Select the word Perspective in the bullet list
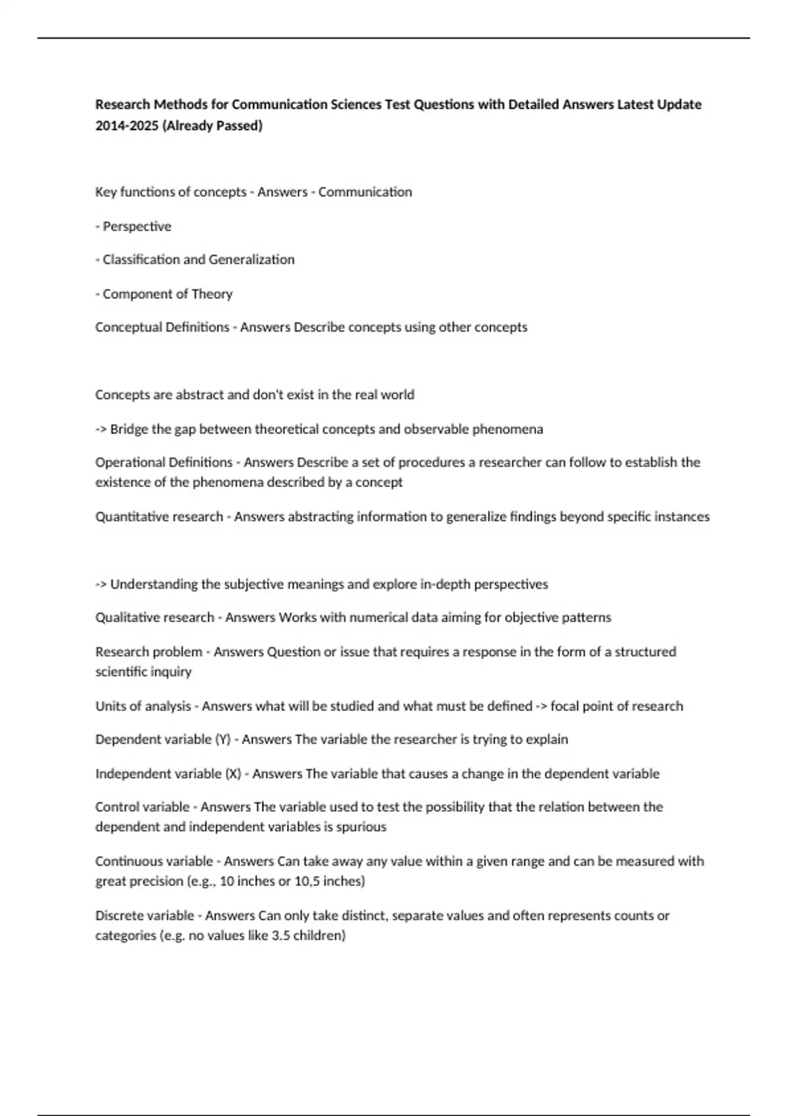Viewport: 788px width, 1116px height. (137, 226)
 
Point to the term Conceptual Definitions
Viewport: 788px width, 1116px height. (162, 327)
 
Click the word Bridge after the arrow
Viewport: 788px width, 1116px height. (129, 429)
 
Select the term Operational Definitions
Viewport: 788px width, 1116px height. (164, 462)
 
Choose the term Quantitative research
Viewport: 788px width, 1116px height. (159, 517)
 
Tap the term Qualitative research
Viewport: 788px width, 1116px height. (154, 618)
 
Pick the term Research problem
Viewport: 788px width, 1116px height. (148, 652)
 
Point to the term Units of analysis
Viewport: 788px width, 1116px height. (143, 706)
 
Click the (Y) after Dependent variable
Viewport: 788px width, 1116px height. (223, 740)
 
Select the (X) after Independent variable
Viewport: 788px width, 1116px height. (233, 774)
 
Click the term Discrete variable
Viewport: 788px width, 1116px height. (145, 916)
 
